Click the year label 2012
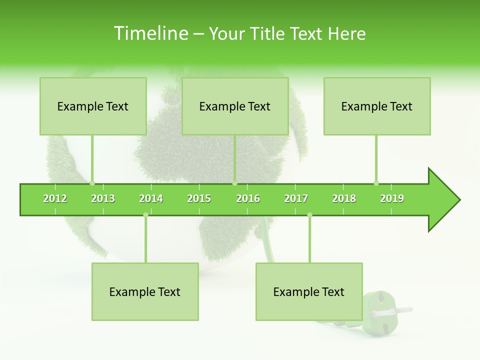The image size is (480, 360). click(55, 198)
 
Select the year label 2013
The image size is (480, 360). click(103, 198)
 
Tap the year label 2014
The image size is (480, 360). click(151, 198)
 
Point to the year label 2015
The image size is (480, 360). click(199, 198)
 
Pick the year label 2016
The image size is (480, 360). click(248, 198)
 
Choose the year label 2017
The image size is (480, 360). click(296, 198)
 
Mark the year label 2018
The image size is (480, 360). click(344, 198)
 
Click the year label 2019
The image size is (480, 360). click(392, 198)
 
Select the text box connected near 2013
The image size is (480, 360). click(93, 106)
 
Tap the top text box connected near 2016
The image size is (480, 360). click(235, 106)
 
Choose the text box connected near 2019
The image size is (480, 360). click(377, 106)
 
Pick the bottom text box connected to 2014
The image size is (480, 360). click(145, 292)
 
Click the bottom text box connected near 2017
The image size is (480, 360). click(309, 292)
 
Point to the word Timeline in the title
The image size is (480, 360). click(150, 33)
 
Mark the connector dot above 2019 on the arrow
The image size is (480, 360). click(376, 183)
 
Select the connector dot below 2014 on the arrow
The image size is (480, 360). click(145, 215)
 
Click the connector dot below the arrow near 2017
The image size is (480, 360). click(309, 215)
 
